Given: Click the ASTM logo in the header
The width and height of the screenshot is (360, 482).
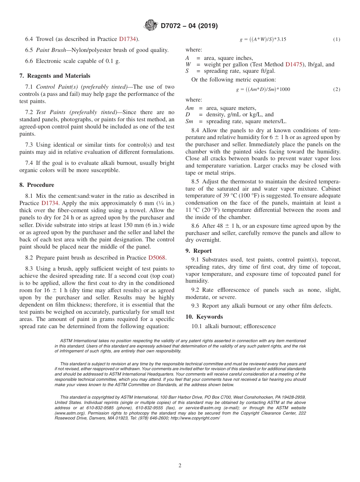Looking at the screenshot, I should point(151,26).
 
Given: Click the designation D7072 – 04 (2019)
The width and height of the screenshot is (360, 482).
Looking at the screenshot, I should point(189,26).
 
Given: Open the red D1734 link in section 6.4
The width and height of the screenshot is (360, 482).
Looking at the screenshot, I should point(127,39).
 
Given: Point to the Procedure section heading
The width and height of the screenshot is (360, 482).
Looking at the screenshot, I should point(40,185).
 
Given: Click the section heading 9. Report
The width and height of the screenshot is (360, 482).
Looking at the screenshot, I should point(199,251).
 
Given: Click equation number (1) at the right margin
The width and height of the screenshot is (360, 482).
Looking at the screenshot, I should point(337,39).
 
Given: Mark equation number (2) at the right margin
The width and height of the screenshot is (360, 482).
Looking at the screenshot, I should point(337,89).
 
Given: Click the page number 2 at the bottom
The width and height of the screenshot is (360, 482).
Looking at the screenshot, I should point(180,465).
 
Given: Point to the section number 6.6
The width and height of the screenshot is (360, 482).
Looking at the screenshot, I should point(29,61).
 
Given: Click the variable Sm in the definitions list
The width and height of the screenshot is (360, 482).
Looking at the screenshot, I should point(189,121).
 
